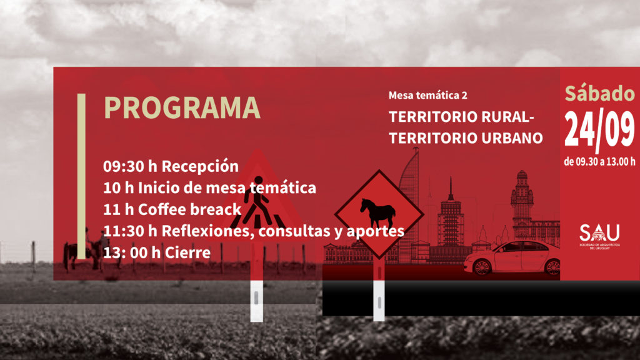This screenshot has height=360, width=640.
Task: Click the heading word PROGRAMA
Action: point(182,107)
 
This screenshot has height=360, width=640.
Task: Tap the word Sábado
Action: point(599,94)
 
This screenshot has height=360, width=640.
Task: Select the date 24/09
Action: point(599,129)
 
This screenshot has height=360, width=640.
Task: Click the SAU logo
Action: point(599,236)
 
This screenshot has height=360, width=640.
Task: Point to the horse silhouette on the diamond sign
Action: point(377,213)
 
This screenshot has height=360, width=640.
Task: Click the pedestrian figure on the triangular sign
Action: point(257,202)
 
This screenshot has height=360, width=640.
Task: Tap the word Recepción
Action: point(200,166)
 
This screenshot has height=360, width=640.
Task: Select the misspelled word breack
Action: point(216,209)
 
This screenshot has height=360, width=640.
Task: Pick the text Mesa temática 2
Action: point(427,96)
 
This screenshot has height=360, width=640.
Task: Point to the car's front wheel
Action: point(482,267)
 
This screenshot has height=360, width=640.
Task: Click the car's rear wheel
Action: point(552,267)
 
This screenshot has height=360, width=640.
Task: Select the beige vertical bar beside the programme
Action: point(82,176)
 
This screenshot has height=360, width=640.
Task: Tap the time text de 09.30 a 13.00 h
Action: point(599,162)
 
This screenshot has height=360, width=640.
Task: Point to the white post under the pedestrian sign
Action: point(256,301)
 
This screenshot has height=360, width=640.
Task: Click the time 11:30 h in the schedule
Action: point(130,231)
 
